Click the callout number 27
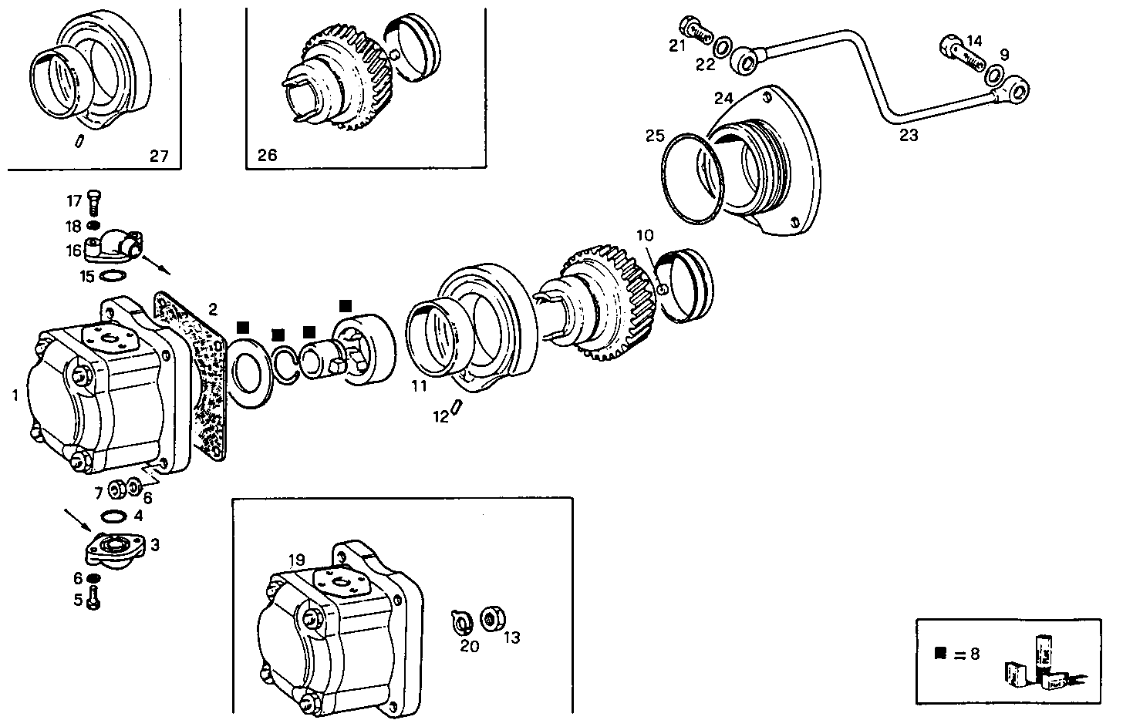[x=159, y=156]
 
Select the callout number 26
[x=267, y=155]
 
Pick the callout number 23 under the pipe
[x=909, y=136]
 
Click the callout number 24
[x=723, y=99]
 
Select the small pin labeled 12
[x=457, y=407]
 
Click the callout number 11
[x=419, y=386]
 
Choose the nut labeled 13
[x=488, y=618]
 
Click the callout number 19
[x=298, y=559]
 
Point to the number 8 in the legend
[x=974, y=654]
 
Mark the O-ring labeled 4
[x=114, y=516]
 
